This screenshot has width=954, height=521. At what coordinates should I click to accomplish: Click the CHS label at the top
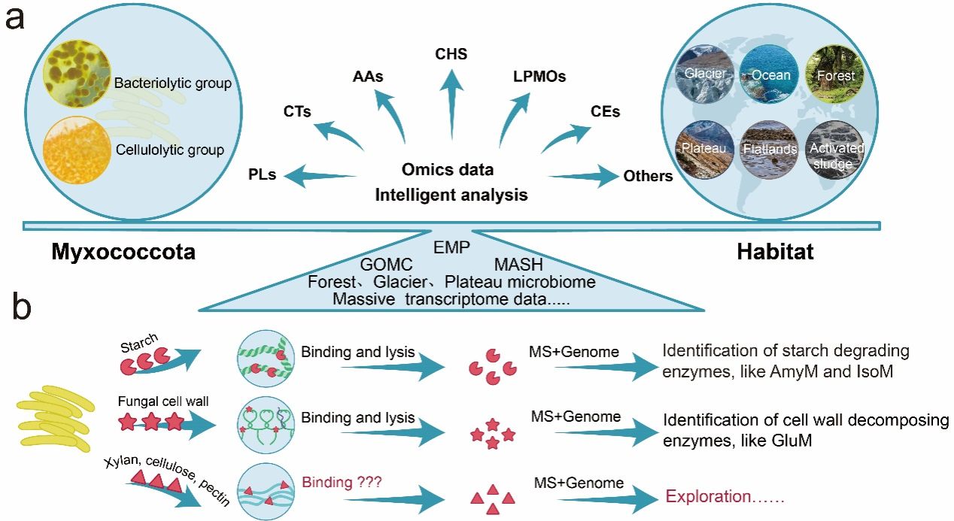[x=451, y=54]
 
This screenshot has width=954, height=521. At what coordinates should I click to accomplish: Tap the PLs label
[x=262, y=175]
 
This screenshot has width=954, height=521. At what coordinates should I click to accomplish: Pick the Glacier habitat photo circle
[x=704, y=74]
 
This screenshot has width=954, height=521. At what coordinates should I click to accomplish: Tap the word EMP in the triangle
[x=451, y=246]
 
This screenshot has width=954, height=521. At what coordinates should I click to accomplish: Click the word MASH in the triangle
[x=518, y=265]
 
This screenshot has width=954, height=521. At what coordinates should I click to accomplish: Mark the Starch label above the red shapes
[x=138, y=346]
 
